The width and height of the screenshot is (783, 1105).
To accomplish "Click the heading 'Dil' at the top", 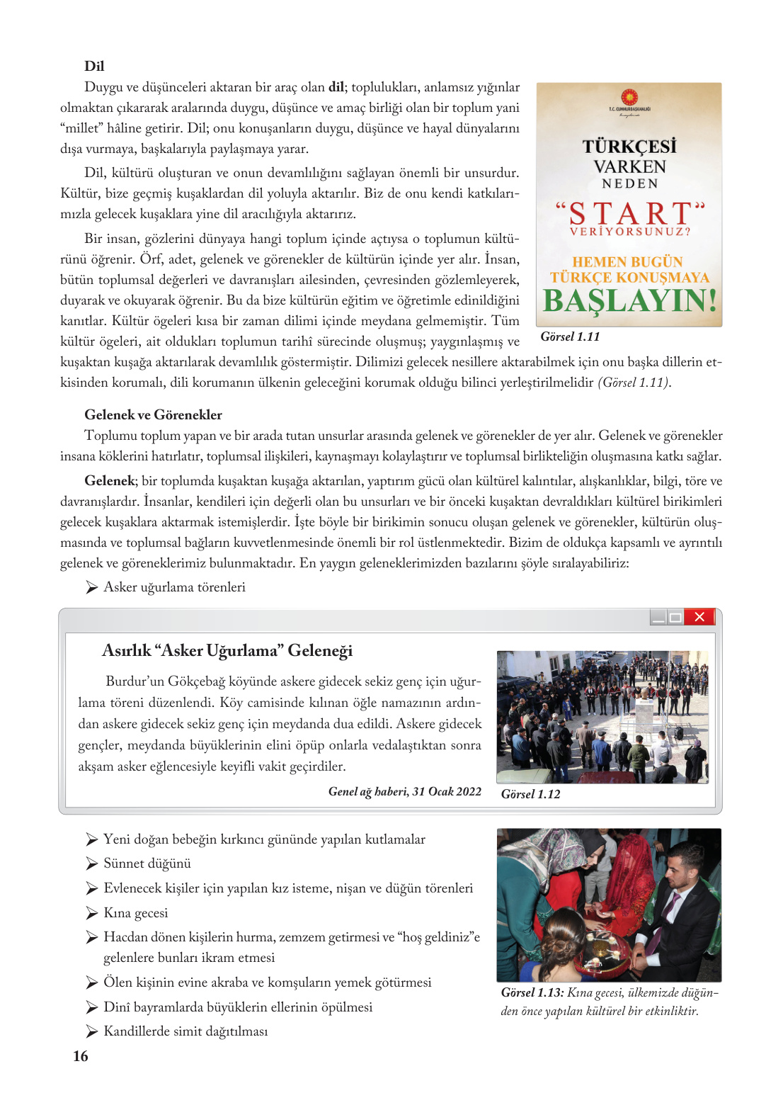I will (x=94, y=66).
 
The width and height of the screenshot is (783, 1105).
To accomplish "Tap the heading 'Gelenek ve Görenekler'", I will (x=153, y=414).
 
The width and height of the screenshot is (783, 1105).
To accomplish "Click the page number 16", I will (x=81, y=1056).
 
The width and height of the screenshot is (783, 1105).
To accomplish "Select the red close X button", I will (x=699, y=617).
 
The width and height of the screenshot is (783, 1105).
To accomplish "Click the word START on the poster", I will (x=630, y=214).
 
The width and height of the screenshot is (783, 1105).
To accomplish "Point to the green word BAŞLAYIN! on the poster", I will (x=629, y=301).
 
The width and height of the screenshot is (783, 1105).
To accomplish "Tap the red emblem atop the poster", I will (x=629, y=97).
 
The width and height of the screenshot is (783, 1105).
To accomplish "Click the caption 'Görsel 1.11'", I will (x=570, y=336).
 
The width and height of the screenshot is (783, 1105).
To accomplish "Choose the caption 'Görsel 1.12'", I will (x=530, y=794).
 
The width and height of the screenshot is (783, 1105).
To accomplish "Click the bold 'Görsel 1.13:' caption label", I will (x=532, y=992).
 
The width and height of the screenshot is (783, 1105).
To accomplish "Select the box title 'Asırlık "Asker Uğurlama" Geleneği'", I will (x=227, y=650).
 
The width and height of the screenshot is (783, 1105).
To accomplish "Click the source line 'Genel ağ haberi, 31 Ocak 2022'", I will (x=404, y=791).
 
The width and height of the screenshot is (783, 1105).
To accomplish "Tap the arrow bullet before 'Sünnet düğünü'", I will (x=91, y=863).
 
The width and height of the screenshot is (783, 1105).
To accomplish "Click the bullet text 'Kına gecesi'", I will (x=136, y=912).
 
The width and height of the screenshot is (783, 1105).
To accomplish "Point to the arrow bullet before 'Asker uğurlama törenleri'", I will (x=91, y=587).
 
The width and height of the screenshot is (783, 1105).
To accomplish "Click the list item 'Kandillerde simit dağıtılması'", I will (x=185, y=1031).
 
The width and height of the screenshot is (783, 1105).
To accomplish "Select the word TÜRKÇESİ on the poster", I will (x=629, y=146).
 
